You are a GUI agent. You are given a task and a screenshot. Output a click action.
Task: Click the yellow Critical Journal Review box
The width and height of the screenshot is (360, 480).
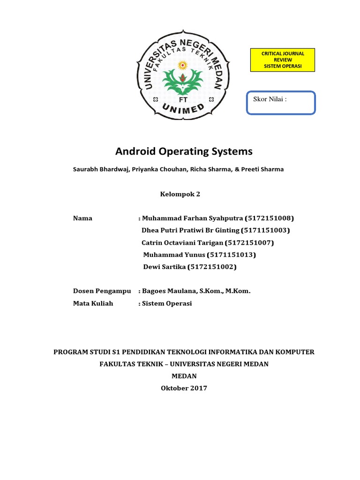[x=281, y=60]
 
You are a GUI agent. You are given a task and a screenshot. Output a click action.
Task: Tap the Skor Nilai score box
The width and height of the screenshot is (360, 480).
[x=281, y=103]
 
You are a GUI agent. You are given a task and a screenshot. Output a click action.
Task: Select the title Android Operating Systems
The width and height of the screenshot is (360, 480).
[x=184, y=152]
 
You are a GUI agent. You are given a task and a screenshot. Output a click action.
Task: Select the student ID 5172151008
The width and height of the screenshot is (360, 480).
[x=270, y=218]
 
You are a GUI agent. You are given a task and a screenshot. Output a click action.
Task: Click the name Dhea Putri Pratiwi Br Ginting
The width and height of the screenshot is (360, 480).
[x=190, y=231]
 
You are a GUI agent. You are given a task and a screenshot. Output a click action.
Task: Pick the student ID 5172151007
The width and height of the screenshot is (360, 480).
[x=249, y=243]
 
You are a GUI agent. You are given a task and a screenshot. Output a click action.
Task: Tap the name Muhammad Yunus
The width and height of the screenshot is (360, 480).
[x=174, y=255]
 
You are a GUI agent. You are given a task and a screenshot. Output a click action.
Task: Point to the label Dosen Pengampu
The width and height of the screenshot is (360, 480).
[x=102, y=291]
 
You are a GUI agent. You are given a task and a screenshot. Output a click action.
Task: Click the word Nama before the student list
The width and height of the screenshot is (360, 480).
[x=82, y=218]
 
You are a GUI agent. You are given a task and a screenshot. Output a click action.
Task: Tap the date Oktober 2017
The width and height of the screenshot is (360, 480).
[x=184, y=388]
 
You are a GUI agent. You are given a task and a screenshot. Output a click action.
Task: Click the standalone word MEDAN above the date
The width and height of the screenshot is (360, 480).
[x=184, y=376]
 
